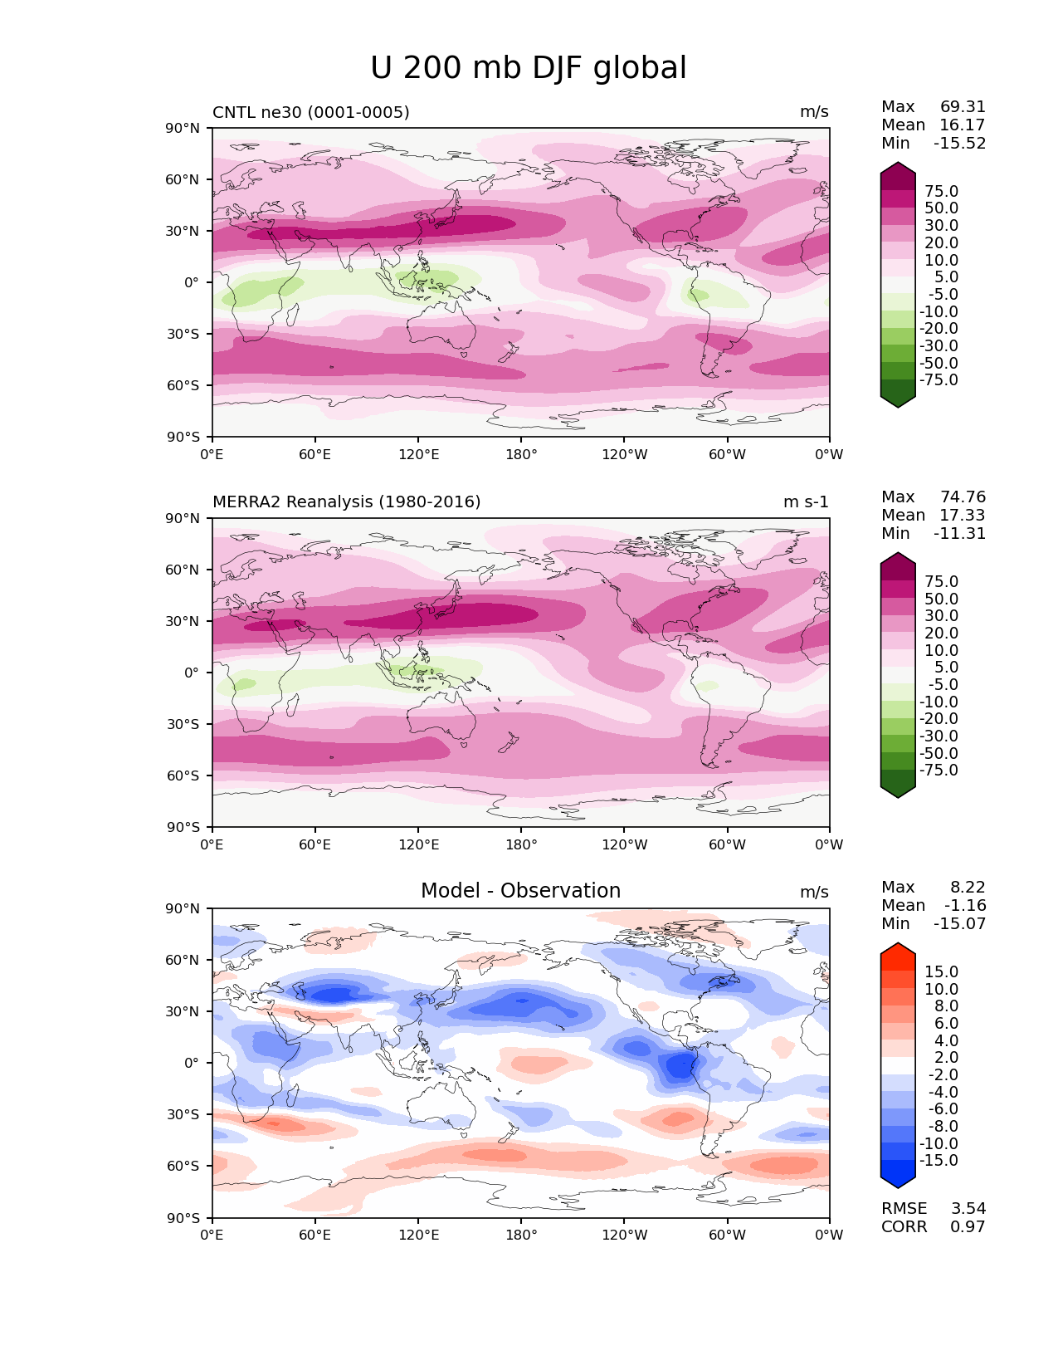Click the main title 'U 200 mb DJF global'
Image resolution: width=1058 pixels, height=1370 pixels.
(529, 68)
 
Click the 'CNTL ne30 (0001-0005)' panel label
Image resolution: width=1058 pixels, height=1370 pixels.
(310, 112)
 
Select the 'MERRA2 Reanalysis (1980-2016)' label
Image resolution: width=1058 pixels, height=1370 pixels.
(346, 502)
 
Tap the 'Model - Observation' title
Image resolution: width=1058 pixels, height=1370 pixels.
(520, 891)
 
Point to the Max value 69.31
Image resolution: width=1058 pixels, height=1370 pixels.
(963, 107)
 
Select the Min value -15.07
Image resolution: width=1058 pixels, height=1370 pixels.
(959, 924)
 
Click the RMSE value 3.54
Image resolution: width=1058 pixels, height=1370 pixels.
(968, 1209)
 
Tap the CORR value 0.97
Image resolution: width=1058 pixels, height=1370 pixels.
(968, 1227)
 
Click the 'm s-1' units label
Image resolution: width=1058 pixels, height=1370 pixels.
(806, 502)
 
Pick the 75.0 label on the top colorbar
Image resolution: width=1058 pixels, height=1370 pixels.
(941, 192)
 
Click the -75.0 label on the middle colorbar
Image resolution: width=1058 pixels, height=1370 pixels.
(939, 771)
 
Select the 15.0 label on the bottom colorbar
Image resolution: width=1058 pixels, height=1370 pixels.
(941, 972)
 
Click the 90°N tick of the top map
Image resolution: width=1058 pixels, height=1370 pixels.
(183, 129)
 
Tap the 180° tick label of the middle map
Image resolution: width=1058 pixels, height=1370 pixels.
(521, 845)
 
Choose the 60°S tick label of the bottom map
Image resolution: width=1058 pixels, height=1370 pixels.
(183, 1167)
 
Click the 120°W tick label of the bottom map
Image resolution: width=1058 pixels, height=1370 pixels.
(624, 1235)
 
